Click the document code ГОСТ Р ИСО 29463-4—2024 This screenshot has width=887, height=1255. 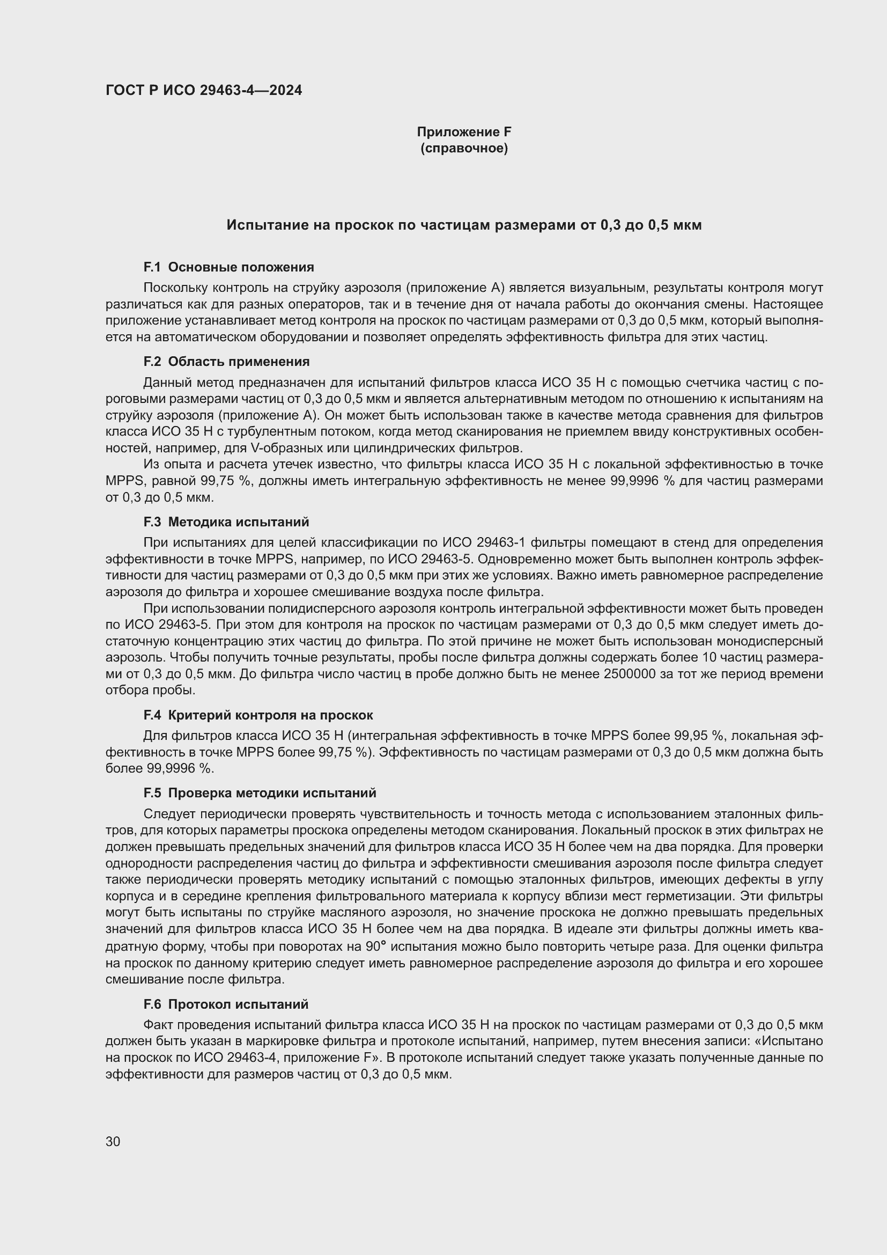click(x=203, y=90)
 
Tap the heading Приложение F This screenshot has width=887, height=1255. click(x=464, y=132)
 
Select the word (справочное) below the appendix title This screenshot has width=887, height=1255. click(x=464, y=148)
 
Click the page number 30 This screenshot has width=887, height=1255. click(x=113, y=1141)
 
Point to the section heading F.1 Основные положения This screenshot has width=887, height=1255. click(x=228, y=267)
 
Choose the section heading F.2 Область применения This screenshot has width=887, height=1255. click(x=226, y=362)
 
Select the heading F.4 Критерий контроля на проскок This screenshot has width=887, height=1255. click(x=258, y=715)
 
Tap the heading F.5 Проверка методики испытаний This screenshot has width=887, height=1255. click(x=260, y=793)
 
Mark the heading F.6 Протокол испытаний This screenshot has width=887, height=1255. click(x=226, y=1004)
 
